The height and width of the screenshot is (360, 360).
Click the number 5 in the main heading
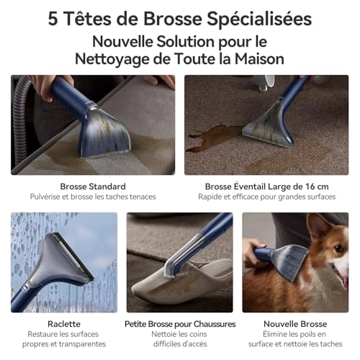point(53,19)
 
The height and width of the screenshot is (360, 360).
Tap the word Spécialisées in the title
point(259,19)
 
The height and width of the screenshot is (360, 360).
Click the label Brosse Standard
point(93,186)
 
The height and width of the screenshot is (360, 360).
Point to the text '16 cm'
point(317,186)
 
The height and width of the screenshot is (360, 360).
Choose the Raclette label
point(64,324)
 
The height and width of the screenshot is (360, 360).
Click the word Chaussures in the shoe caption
point(215,324)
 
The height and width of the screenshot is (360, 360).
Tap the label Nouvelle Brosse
point(295,324)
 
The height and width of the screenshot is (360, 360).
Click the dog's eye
point(338,248)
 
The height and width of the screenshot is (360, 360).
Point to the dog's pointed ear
point(317,225)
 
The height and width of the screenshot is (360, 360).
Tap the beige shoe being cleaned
point(180,283)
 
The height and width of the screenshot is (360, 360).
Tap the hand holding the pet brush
point(253,252)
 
